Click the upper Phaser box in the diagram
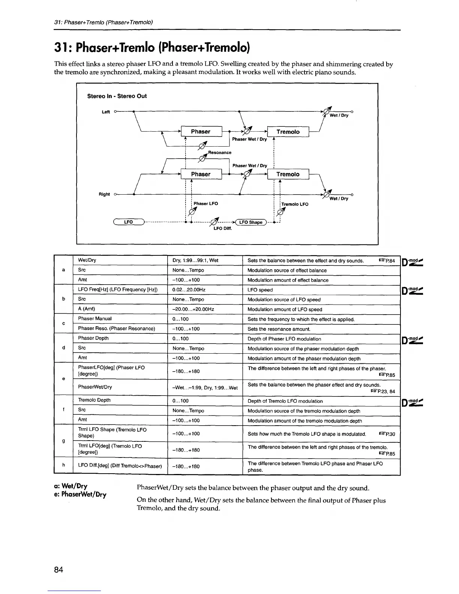[201, 132]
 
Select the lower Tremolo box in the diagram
[288, 174]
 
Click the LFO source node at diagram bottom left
[129, 222]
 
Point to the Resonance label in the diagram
[220, 153]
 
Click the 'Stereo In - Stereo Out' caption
[117, 96]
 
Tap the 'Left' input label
[106, 112]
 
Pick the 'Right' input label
[104, 194]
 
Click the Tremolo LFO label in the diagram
[295, 204]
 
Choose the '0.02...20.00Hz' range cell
[189, 290]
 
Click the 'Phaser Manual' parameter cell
[95, 319]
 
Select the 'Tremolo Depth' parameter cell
[94, 400]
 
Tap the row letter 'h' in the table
[63, 465]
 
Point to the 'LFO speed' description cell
[260, 290]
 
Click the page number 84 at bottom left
[58, 570]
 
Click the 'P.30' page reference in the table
[387, 434]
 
